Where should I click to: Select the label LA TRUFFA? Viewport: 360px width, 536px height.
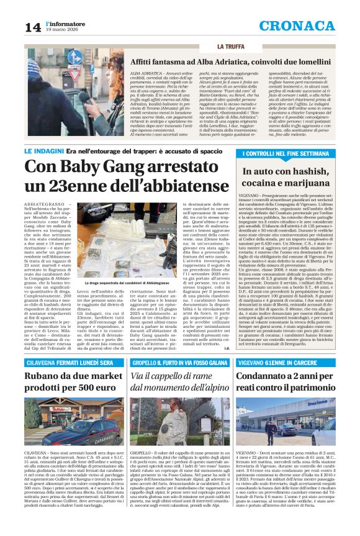tap(231, 47)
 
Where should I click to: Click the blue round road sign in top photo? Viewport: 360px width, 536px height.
tap(74, 57)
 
